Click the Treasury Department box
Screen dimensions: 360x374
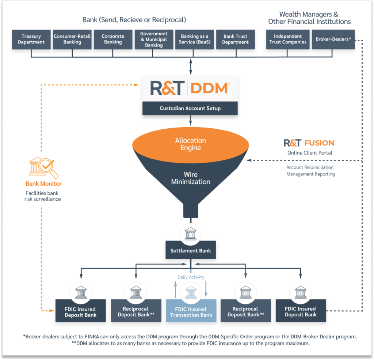coord(31,39)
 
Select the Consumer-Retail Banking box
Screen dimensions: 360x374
coord(72,39)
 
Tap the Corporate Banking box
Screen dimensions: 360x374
coord(113,39)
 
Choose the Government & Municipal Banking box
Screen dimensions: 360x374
coord(154,39)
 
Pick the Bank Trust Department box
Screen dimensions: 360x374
coord(235,39)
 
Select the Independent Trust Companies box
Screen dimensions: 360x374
coord(288,39)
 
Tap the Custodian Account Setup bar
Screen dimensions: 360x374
coord(190,108)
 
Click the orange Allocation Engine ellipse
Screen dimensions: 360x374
coord(190,144)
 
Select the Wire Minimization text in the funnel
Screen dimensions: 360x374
coord(191,178)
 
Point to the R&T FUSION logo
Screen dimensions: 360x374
coord(309,143)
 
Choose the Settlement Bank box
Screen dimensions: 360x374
coord(190,251)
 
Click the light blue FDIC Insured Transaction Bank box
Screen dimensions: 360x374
coord(191,312)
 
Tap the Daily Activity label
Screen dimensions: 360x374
coord(191,277)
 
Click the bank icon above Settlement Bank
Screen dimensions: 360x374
coord(191,233)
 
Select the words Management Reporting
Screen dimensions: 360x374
coord(310,174)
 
